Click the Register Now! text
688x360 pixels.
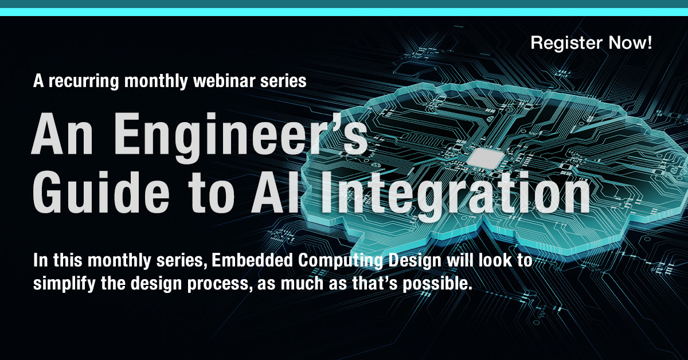pos(591,43)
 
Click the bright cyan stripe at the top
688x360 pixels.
pos(344,12)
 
